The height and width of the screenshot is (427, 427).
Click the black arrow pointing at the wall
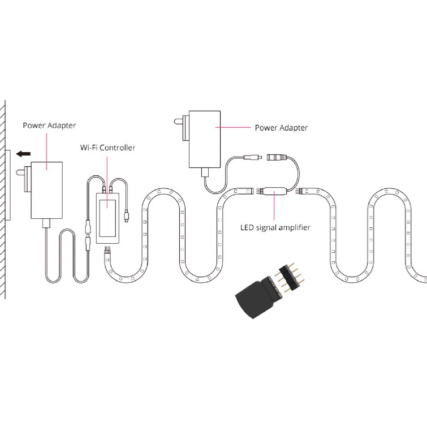(23, 154)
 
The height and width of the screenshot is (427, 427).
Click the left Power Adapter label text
(49, 125)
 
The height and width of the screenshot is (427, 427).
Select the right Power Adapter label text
(281, 128)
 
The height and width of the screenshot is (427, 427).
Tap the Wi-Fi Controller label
(107, 148)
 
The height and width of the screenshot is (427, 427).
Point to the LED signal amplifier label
(275, 228)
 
